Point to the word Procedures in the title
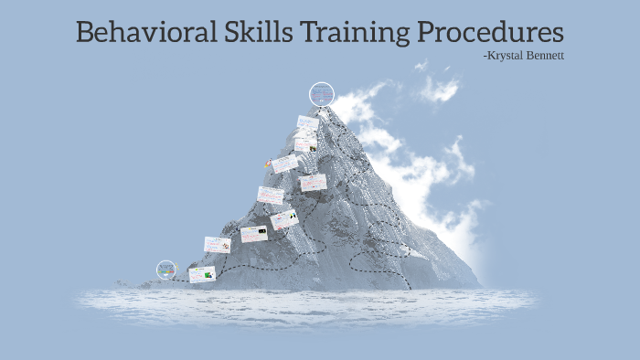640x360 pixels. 491,32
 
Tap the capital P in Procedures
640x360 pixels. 427,32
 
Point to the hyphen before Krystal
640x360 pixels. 484,57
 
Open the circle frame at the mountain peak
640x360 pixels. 322,93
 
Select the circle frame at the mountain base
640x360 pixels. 166,270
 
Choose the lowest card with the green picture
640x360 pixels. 202,274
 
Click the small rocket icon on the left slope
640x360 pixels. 268,164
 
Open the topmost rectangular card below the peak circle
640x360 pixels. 308,122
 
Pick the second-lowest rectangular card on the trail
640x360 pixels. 217,244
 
